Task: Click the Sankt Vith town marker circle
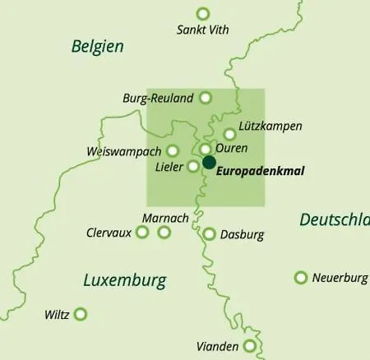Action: (203, 13)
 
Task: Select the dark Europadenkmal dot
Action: (209, 162)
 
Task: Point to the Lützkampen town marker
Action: (229, 134)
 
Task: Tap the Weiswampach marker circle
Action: (173, 150)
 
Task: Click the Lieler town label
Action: (169, 166)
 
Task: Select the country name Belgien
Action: (97, 46)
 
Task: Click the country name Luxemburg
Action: (124, 281)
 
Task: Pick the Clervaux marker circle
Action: (142, 233)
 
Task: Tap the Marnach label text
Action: (165, 218)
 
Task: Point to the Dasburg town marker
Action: (209, 234)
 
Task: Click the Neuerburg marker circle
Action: (301, 277)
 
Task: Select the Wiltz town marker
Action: (81, 313)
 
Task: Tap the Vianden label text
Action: (216, 346)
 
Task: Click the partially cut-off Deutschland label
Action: (334, 220)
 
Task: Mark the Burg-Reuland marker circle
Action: (206, 97)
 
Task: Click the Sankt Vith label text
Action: (203, 30)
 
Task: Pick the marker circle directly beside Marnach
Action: (164, 233)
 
